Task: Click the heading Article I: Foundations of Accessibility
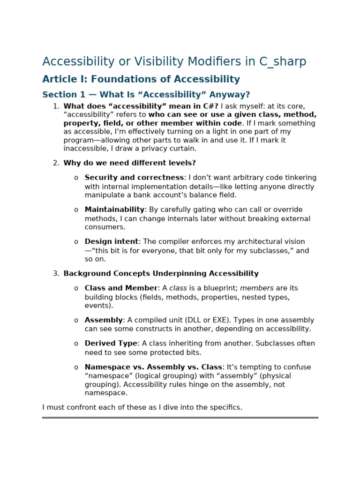141,79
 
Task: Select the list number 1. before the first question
56,106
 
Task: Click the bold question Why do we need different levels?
129,163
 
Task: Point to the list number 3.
56,274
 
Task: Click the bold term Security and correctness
134,178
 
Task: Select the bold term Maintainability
114,210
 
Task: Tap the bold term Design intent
112,242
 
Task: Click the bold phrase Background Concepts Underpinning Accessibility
161,274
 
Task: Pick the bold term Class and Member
121,288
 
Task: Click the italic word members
256,288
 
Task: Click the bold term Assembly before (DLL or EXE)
104,320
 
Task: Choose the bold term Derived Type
111,344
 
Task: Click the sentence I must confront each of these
142,407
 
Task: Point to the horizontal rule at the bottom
180,417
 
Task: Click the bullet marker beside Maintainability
76,210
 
